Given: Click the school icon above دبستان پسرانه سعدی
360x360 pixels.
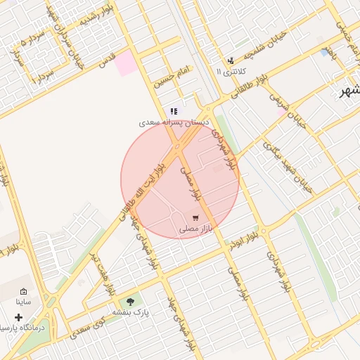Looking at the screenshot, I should (x=174, y=111).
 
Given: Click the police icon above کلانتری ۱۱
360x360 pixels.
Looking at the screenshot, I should (x=231, y=61).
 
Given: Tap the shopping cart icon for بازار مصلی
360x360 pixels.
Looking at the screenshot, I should (x=195, y=218).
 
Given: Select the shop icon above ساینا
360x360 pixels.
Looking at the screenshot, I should (x=23, y=291).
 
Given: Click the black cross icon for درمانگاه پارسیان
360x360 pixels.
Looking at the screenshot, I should (x=18, y=317).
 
